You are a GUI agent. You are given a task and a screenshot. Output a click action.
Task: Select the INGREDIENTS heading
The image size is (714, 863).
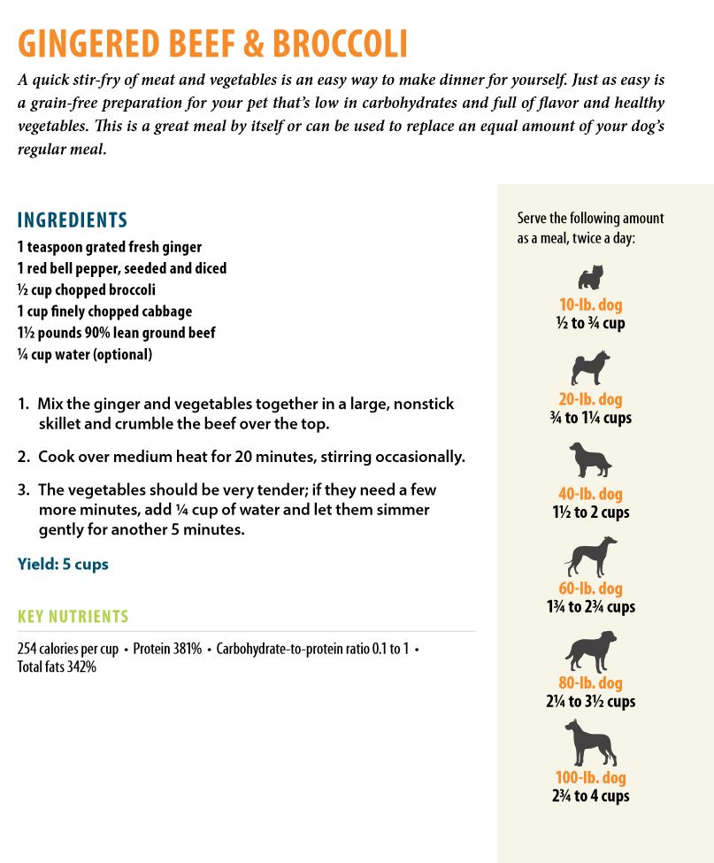click(73, 220)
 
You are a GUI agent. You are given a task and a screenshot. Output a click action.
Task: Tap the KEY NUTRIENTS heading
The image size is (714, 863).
click(73, 617)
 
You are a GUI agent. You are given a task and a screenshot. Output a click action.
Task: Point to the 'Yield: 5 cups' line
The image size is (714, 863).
click(63, 564)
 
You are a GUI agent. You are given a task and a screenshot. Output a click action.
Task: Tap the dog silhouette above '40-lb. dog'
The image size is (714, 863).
click(590, 461)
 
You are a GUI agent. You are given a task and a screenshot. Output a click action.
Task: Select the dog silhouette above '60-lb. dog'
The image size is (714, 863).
click(590, 557)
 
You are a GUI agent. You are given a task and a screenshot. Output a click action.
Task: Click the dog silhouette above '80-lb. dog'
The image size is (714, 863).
click(590, 651)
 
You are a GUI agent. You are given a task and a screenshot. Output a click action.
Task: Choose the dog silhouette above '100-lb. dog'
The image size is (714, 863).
click(590, 743)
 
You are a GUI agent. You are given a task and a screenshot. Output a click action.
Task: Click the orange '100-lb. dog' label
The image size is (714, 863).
click(590, 778)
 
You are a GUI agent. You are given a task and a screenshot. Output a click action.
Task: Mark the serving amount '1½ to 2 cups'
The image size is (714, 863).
click(590, 512)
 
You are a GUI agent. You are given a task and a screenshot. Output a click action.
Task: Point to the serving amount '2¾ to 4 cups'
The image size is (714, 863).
click(590, 796)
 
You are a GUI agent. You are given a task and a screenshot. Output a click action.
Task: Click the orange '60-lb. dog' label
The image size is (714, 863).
click(590, 589)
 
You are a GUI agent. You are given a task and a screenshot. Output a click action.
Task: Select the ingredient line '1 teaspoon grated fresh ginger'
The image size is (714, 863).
click(110, 247)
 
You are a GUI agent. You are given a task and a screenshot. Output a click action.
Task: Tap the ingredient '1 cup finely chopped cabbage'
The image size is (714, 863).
click(104, 311)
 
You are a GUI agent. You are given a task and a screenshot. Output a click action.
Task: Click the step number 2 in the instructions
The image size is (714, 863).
click(23, 457)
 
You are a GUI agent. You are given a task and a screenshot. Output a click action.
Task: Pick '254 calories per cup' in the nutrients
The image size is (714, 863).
click(67, 649)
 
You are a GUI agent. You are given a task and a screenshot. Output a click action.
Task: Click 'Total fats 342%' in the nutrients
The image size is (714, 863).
click(57, 667)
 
